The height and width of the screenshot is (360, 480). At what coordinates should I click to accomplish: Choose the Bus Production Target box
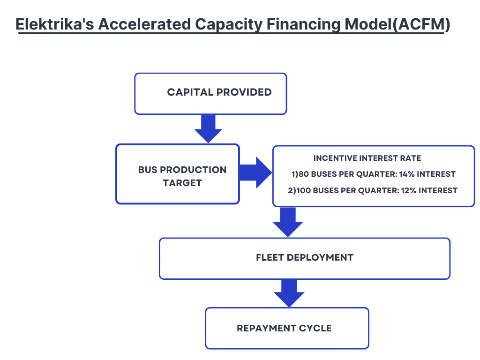coord(178,174)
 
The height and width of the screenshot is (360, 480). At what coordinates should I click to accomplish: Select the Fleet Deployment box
coord(304,258)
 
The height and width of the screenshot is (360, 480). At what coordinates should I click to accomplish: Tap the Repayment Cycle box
coord(287,328)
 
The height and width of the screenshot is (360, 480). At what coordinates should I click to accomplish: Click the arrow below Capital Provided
coord(208,128)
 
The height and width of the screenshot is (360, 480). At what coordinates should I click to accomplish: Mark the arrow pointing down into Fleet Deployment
coord(288,222)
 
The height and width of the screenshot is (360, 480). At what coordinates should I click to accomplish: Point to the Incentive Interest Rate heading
coord(367,158)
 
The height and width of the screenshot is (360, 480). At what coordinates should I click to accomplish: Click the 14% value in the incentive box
coord(406,174)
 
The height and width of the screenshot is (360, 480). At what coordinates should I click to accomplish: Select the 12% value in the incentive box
coord(409,190)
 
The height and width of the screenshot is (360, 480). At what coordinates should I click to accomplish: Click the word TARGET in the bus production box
coord(182,183)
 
